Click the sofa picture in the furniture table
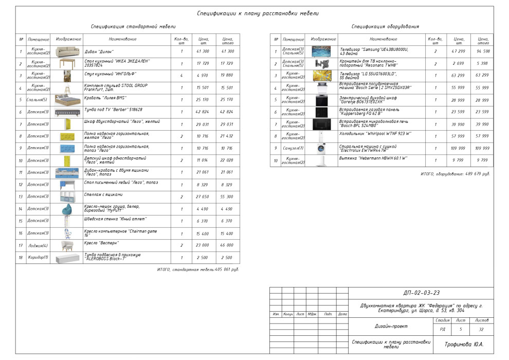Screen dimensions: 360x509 pyautogui.click(x=68, y=51)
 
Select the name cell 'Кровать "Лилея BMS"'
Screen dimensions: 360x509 pyautogui.click(x=105, y=98)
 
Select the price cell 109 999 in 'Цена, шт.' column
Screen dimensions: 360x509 pyautogui.click(x=458, y=148)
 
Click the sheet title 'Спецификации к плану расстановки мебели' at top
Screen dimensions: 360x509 pyautogui.click(x=258, y=13)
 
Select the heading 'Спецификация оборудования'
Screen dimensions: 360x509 pyautogui.click(x=385, y=26)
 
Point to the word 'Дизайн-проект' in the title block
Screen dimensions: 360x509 pyautogui.click(x=391, y=326)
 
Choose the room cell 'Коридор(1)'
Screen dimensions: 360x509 pyautogui.click(x=38, y=257)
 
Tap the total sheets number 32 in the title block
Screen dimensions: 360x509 pyautogui.click(x=480, y=329)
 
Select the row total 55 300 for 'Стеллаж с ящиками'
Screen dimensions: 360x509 pyautogui.click(x=227, y=197)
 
